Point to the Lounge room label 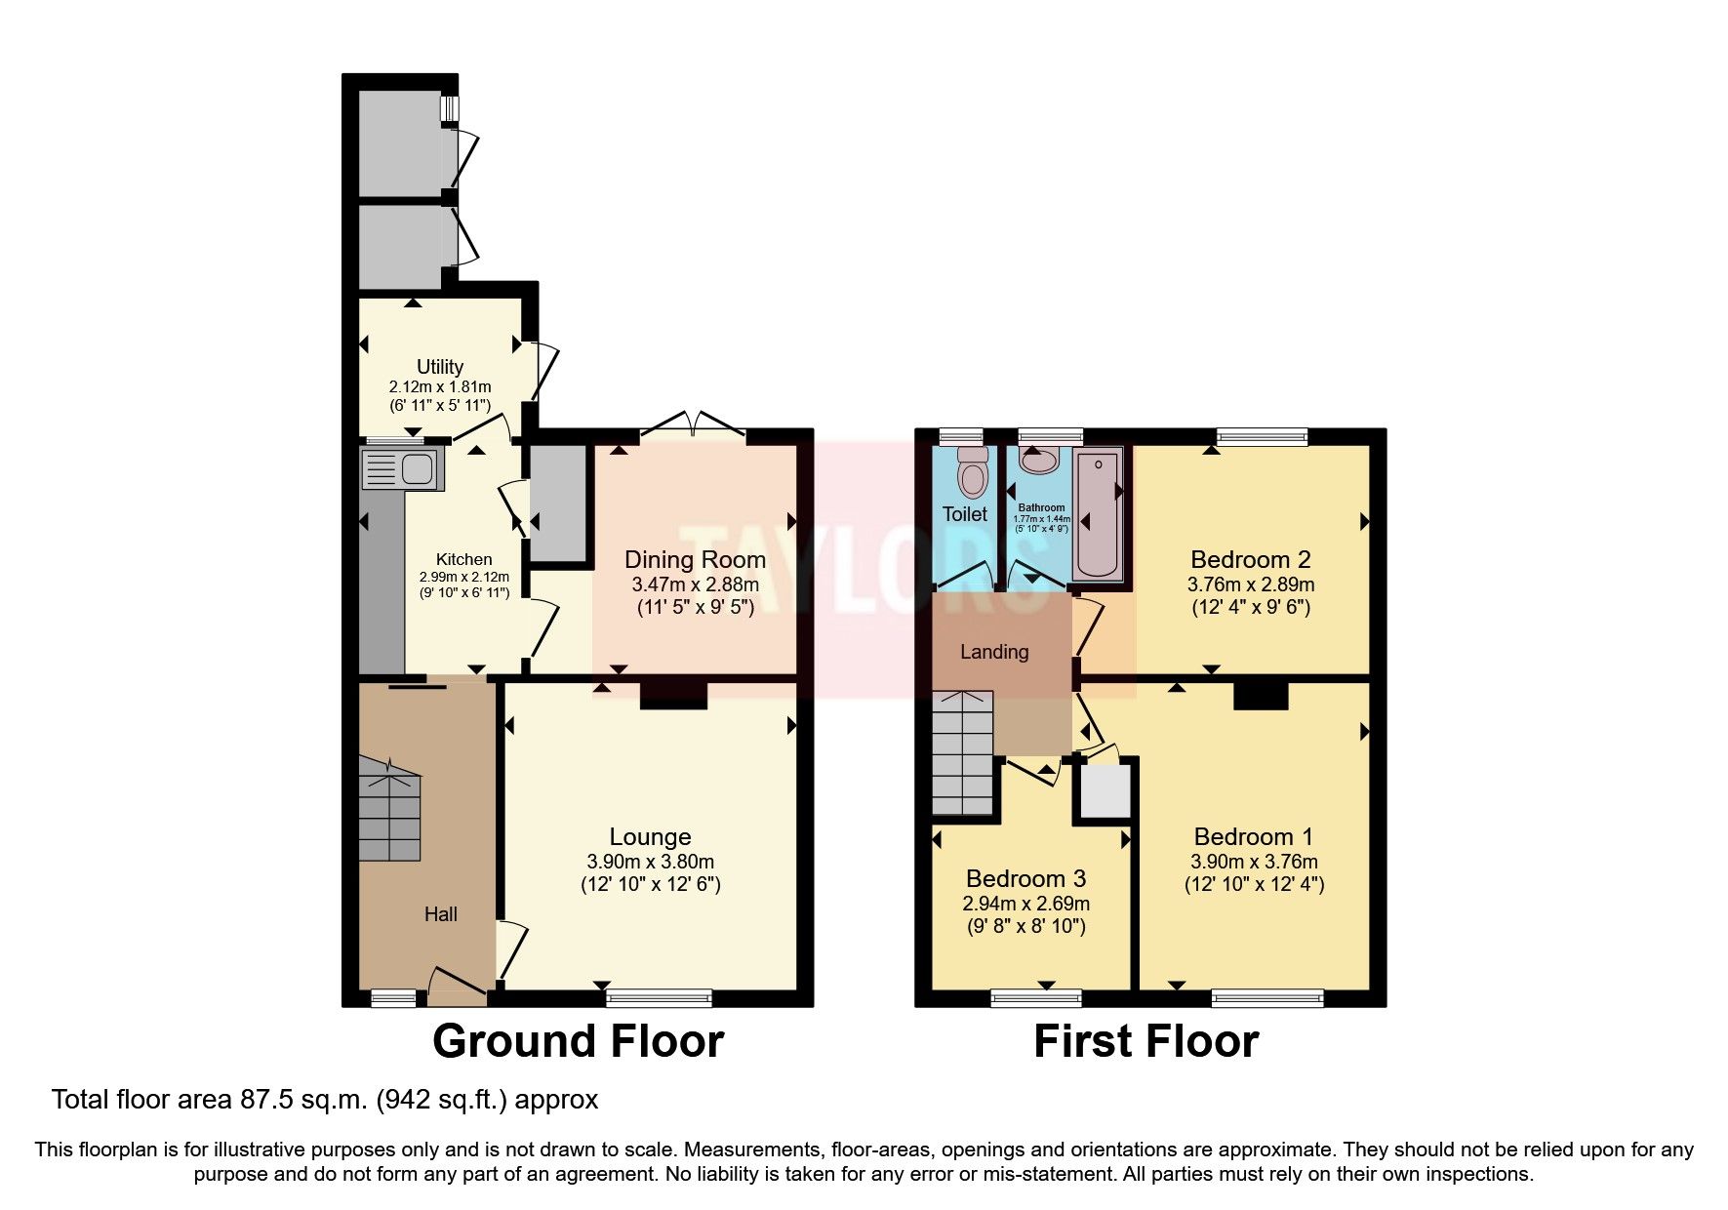point(650,836)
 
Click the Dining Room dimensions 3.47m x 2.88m point(695,585)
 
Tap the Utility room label point(440,367)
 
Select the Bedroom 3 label point(1025,878)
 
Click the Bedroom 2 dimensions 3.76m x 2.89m point(1250,585)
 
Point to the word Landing point(994,652)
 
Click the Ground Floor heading point(578,1041)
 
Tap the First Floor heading point(1145,1041)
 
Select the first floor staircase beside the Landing point(962,753)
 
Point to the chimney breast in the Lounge point(673,695)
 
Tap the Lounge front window point(659,997)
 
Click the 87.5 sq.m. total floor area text point(324,1101)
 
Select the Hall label point(440,914)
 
